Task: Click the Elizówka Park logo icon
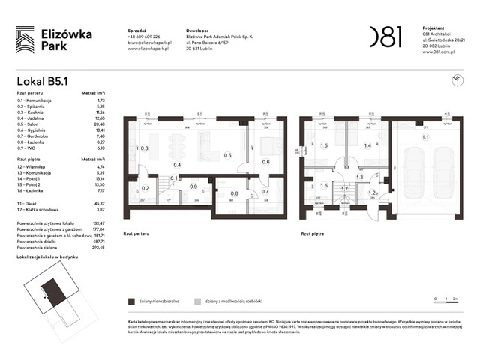click(x=25, y=38)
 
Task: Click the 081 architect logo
click(x=385, y=36)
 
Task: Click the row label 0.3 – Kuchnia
click(x=34, y=112)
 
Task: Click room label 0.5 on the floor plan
click(x=227, y=155)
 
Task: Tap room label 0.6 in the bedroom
click(x=265, y=162)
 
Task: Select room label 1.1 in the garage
click(x=425, y=137)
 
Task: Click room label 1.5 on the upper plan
click(x=324, y=146)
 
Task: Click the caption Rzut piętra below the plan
click(x=313, y=234)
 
